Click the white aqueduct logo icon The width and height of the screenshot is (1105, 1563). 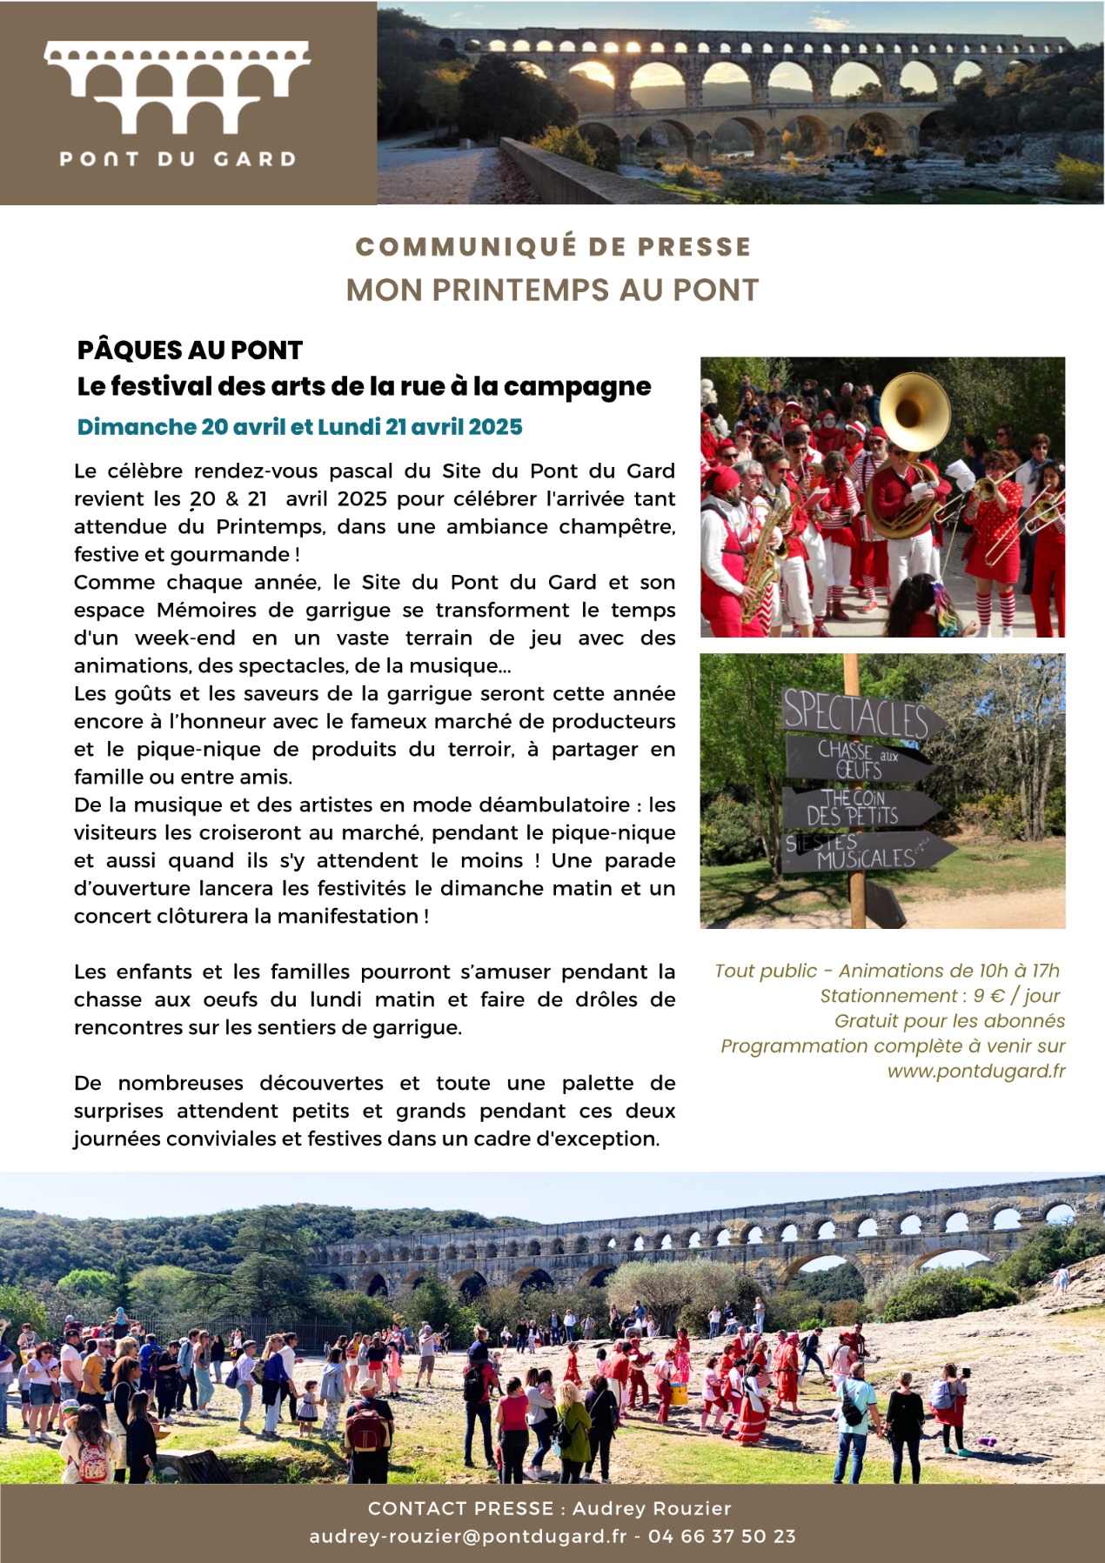click(177, 87)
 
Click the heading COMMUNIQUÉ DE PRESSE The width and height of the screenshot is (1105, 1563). click(552, 247)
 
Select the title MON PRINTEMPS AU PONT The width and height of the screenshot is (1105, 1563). click(552, 291)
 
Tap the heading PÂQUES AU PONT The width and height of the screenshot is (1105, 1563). click(190, 351)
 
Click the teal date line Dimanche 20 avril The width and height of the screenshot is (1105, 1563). click(299, 427)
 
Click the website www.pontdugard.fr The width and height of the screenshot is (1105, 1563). click(975, 1072)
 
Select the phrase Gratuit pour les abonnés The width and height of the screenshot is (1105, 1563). click(949, 1021)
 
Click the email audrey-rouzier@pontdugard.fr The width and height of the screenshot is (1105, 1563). click(467, 1537)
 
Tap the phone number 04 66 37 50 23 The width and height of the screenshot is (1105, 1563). click(721, 1537)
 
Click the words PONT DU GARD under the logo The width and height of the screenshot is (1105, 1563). click(177, 159)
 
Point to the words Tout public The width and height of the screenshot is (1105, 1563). click(766, 972)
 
